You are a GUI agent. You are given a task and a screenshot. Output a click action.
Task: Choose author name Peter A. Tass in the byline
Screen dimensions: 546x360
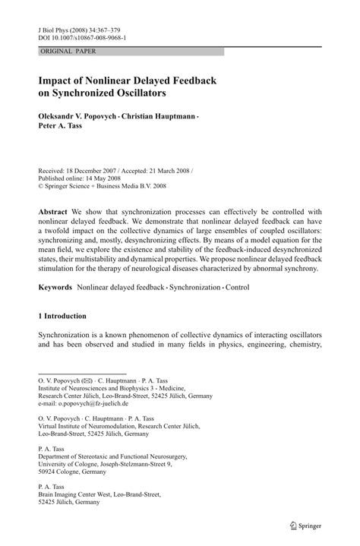click(x=60, y=130)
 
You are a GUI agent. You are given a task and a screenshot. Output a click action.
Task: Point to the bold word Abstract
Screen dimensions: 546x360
click(x=54, y=212)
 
